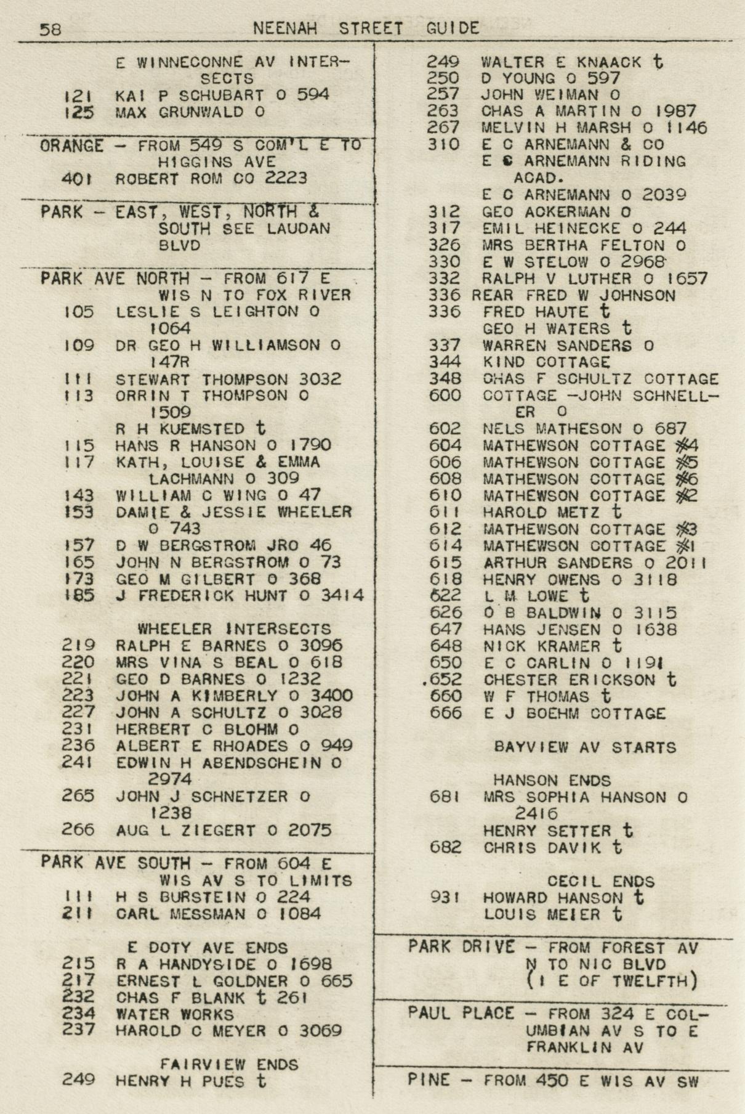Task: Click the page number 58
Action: [x=50, y=29]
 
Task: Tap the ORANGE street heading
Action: [x=72, y=147]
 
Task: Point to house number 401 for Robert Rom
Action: [x=77, y=179]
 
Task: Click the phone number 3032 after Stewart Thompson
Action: [x=318, y=379]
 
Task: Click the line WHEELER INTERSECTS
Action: [x=234, y=629]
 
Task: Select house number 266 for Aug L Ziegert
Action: [x=78, y=829]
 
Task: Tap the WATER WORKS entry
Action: [x=175, y=1014]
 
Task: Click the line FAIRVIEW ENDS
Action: [x=230, y=1064]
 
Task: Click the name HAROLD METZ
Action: [x=541, y=512]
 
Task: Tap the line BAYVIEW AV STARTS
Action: [x=585, y=747]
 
